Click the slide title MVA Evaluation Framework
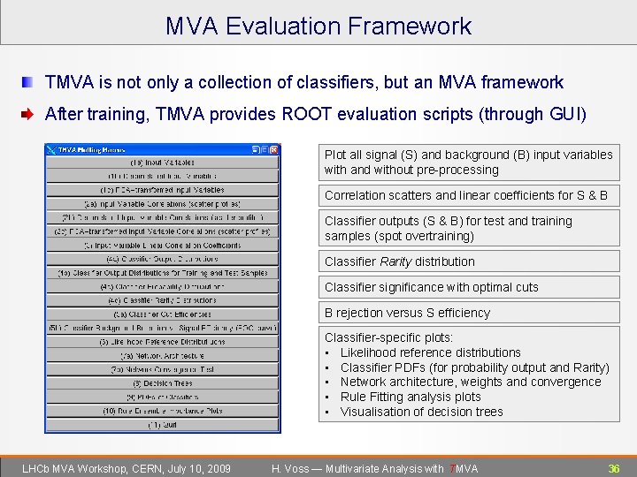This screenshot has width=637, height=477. click(318, 26)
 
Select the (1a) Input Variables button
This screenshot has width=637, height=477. click(163, 163)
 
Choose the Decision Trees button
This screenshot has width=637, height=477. click(163, 383)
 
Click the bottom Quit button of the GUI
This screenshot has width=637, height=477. click(163, 425)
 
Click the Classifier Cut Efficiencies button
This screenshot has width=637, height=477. click(163, 314)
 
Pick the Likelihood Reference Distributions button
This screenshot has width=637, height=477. click(163, 342)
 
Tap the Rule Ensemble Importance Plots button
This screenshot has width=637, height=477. click(163, 411)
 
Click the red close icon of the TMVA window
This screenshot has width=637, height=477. click(274, 149)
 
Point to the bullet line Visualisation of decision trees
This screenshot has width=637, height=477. click(421, 412)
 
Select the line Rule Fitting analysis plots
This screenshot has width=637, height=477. click(411, 397)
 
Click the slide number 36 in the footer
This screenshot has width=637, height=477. click(613, 468)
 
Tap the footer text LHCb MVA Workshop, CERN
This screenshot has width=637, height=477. click(126, 468)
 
